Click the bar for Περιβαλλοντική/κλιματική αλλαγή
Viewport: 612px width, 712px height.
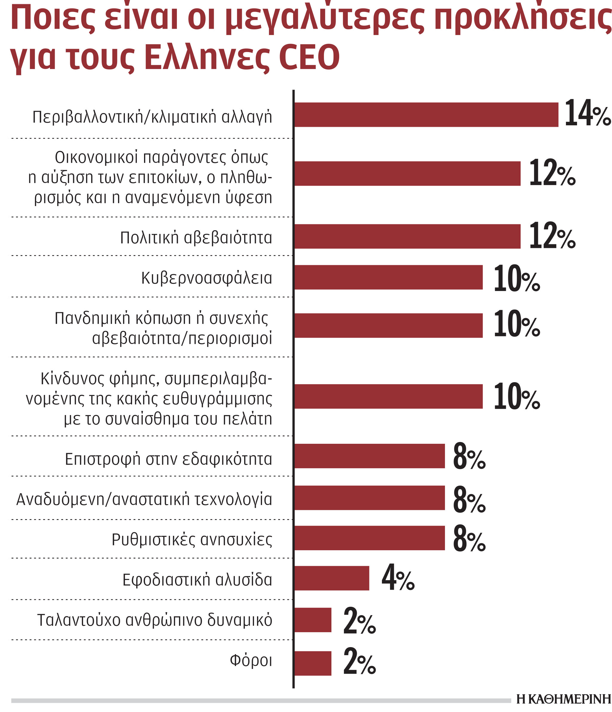coord(426,115)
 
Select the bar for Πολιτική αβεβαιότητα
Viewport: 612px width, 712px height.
coord(407,237)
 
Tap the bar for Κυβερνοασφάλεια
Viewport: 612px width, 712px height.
coord(388,277)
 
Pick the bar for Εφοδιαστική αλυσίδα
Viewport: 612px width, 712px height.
coord(331,578)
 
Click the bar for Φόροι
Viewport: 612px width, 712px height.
coord(313,663)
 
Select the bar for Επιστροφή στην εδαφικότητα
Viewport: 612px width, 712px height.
coord(369,456)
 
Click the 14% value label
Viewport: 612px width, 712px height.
coord(587,113)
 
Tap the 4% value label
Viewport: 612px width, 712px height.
coord(398,578)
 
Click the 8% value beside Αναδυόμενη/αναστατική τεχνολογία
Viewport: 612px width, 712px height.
coord(469,499)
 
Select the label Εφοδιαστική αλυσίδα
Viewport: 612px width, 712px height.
coord(197,580)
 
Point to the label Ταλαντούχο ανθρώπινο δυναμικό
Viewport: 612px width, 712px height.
coord(154,620)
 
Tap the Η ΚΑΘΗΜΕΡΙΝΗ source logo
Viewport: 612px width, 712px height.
coord(564,701)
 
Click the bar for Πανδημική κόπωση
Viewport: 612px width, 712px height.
coord(388,325)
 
